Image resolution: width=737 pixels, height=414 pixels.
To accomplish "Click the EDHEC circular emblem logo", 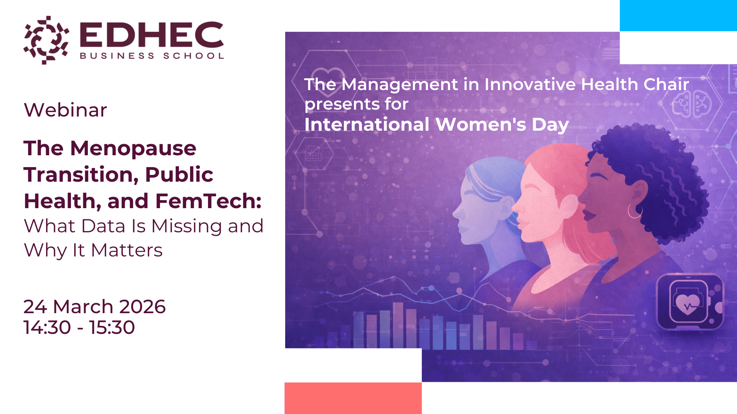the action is (46, 40).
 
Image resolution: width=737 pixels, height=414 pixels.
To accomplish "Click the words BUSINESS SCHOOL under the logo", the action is (152, 56).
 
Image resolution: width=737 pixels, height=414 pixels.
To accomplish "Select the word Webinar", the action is (65, 110).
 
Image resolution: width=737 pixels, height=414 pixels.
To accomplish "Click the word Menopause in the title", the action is (133, 149).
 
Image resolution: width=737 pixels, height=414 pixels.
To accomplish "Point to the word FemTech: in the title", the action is (208, 201).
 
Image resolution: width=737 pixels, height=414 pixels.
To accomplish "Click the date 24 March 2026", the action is (94, 307).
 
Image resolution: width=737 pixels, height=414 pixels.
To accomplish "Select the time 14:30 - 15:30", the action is (79, 327).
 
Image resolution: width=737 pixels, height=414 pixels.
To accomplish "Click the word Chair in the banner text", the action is (666, 84).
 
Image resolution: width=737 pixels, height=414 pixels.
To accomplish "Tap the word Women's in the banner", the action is (481, 125).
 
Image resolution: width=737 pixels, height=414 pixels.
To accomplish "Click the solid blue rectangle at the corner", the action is (678, 16).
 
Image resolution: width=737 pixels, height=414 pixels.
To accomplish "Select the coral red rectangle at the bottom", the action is (353, 398).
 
